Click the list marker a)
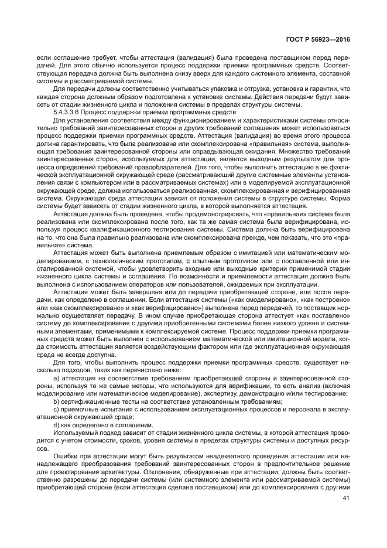pyautogui.click(x=56, y=379)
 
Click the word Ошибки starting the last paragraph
pyautogui.click(x=65, y=455)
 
